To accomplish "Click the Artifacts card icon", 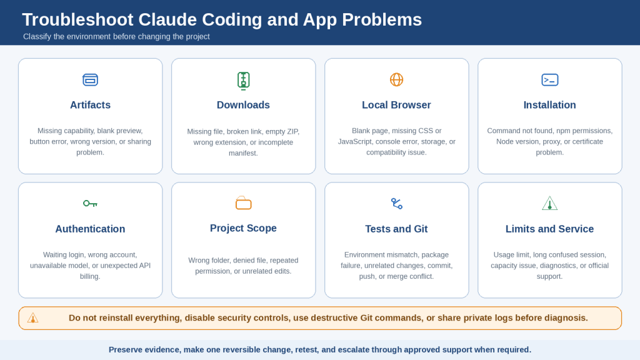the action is (90, 79).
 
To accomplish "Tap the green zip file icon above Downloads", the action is (243, 81).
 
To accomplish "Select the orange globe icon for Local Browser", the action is (396, 79).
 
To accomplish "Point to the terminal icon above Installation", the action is (550, 79).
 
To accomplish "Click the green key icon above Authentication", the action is (90, 203).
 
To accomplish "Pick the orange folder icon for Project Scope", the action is (243, 203).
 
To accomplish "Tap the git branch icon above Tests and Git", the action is (396, 203).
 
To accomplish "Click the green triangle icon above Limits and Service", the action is (550, 203).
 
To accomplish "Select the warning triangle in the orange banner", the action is (32, 318).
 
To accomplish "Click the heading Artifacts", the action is (90, 105).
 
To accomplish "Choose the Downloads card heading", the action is (243, 105).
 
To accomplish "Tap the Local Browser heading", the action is (396, 105).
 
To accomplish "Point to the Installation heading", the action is (550, 105).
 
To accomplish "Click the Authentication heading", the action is (90, 229).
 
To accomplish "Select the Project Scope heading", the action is (243, 228).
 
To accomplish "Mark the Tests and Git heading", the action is (396, 229).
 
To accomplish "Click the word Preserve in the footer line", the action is (124, 350).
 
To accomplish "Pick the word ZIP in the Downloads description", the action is (292, 131).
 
